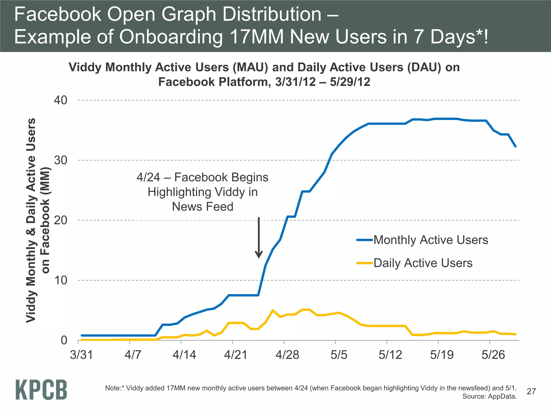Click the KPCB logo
pyautogui.click(x=41, y=390)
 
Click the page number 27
pyautogui.click(x=531, y=391)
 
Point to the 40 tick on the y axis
pyautogui.click(x=60, y=100)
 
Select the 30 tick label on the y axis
pyautogui.click(x=60, y=160)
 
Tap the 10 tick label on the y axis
pyautogui.click(x=60, y=280)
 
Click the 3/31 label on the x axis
pyautogui.click(x=81, y=355)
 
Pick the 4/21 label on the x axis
pyautogui.click(x=235, y=355)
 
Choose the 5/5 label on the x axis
pyautogui.click(x=338, y=355)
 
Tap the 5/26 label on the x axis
pyautogui.click(x=493, y=355)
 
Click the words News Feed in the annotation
pyautogui.click(x=202, y=207)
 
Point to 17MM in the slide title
pyautogui.click(x=257, y=37)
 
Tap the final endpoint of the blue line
pyautogui.click(x=515, y=147)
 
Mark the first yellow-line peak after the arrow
pyautogui.click(x=273, y=310)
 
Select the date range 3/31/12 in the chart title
pyautogui.click(x=295, y=82)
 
